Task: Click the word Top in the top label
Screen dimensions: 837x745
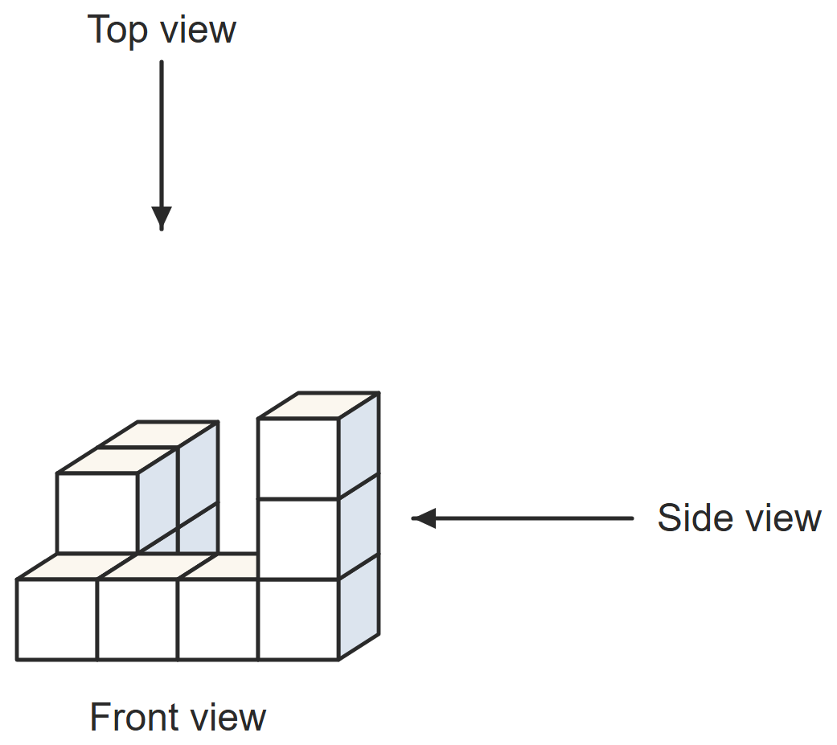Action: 117,31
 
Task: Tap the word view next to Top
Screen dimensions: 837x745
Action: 198,30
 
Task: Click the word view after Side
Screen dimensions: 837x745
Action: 784,518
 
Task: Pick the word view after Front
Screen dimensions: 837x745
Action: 228,717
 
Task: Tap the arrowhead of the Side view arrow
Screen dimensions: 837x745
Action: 424,518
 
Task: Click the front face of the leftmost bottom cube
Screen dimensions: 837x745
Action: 57,620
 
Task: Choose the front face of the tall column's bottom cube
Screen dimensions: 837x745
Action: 298,620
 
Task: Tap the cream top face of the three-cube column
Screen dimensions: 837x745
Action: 318,405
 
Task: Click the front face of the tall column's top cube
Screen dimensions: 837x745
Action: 298,458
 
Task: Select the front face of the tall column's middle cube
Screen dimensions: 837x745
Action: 298,539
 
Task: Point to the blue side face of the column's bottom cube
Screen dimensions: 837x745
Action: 359,607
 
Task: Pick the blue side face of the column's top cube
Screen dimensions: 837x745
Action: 359,445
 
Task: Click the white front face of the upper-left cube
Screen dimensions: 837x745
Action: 97,513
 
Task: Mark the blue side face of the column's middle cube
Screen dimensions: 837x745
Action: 359,526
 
